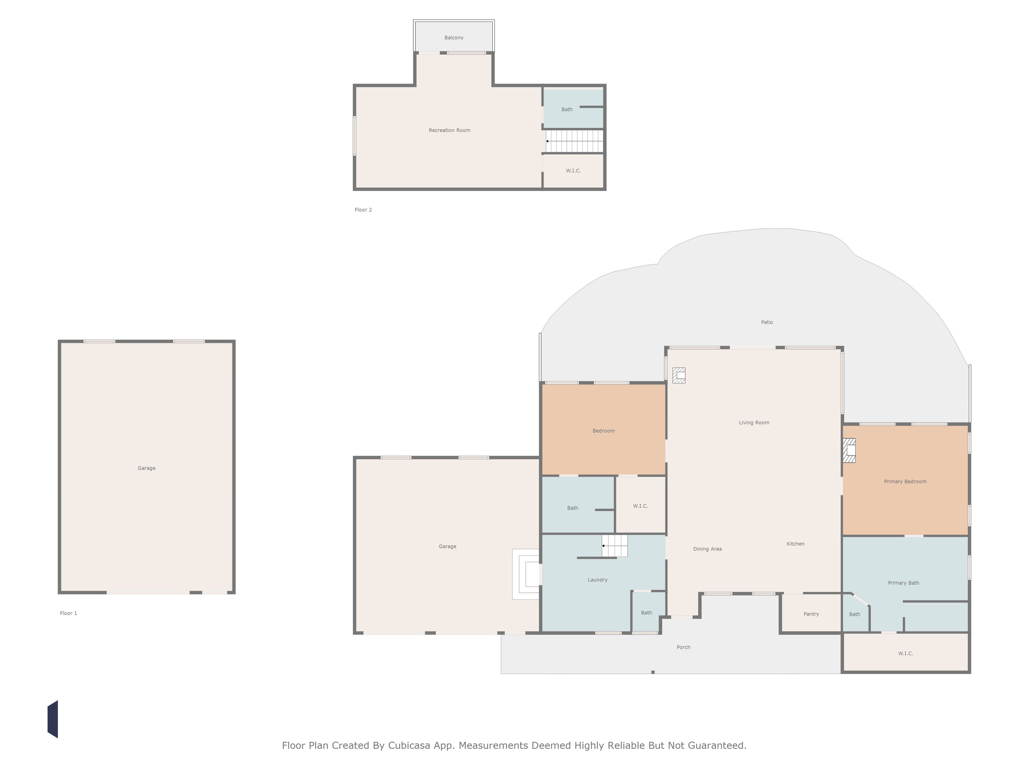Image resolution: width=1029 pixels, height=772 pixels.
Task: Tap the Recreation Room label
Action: [x=449, y=130]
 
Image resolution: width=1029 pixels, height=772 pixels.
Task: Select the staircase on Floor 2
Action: [x=575, y=141]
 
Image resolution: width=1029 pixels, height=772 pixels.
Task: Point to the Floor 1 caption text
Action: [x=68, y=613]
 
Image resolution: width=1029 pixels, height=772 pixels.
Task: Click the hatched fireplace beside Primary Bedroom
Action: [x=849, y=450]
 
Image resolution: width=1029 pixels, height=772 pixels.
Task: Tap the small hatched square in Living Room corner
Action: [x=679, y=375]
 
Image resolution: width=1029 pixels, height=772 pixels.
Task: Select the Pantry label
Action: [x=811, y=614]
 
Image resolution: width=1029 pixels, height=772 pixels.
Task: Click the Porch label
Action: [x=683, y=647]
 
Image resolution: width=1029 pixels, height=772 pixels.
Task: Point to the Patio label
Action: [x=767, y=322]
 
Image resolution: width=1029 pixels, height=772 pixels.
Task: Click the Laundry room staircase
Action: [x=615, y=546]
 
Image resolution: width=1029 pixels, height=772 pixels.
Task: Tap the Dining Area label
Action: [x=707, y=549]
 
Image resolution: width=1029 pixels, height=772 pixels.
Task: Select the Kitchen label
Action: [x=796, y=544]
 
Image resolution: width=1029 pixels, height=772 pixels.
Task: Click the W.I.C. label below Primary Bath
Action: [x=905, y=653]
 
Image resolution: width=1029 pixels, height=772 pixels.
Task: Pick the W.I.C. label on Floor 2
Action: [x=573, y=171]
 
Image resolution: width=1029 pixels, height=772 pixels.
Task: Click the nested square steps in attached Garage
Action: [x=526, y=574]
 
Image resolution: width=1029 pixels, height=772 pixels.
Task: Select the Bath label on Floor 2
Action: [x=567, y=109]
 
